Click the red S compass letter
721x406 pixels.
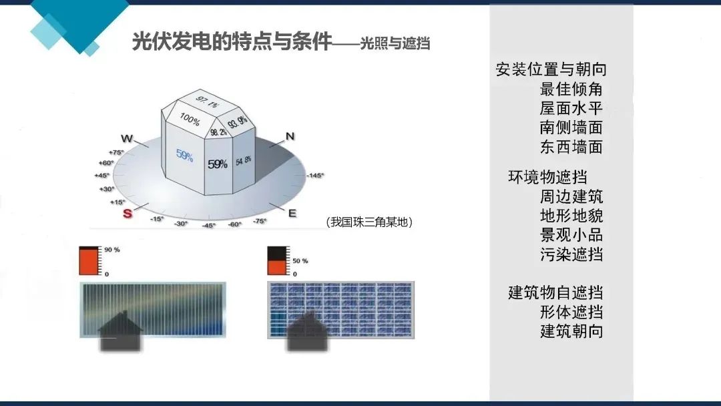tap(128, 213)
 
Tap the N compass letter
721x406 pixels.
tap(290, 137)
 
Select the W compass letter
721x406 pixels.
tap(126, 138)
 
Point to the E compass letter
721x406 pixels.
tap(292, 213)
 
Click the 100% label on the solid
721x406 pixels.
tap(190, 119)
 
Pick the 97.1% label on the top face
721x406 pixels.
tap(207, 101)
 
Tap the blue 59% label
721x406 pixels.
tap(184, 156)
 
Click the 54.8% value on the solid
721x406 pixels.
tap(244, 161)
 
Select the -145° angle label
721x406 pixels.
tap(315, 175)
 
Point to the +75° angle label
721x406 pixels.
tap(116, 152)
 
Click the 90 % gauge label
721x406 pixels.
tap(111, 250)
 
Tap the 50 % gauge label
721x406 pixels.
tap(300, 260)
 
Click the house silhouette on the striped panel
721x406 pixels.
tap(120, 331)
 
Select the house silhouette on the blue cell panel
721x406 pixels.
tap(307, 331)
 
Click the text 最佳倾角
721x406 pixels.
tap(571, 89)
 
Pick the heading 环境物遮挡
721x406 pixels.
tap(547, 177)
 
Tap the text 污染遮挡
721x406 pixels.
tap(571, 254)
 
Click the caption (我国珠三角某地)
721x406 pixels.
tap(369, 222)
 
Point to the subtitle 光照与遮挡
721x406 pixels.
tap(395, 43)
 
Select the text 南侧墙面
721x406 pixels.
tap(571, 128)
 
